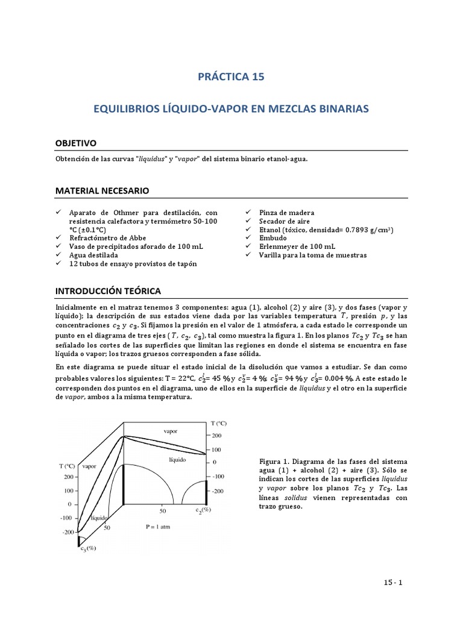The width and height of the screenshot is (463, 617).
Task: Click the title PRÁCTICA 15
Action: point(231,77)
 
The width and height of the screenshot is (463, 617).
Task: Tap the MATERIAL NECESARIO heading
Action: point(102,191)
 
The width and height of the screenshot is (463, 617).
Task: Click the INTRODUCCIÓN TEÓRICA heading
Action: point(108,291)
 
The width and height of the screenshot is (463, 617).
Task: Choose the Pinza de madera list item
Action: point(286,213)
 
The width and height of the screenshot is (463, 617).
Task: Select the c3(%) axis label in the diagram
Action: point(88,548)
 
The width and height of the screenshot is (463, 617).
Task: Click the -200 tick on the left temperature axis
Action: point(68,532)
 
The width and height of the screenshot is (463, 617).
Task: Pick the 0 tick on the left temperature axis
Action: point(70,504)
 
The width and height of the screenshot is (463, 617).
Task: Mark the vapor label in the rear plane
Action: point(171,431)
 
